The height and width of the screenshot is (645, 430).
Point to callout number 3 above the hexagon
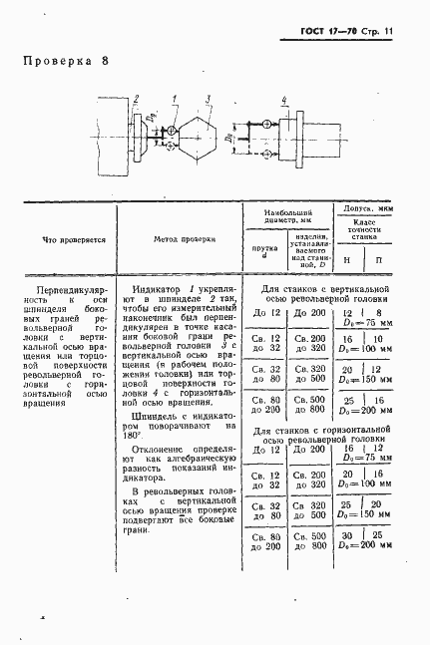[x=208, y=98]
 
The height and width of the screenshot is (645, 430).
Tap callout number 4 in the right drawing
[x=283, y=101]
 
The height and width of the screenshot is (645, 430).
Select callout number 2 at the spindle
[x=135, y=98]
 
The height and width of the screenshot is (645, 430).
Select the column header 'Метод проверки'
[x=183, y=240]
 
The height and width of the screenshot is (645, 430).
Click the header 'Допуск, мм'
[x=367, y=207]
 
